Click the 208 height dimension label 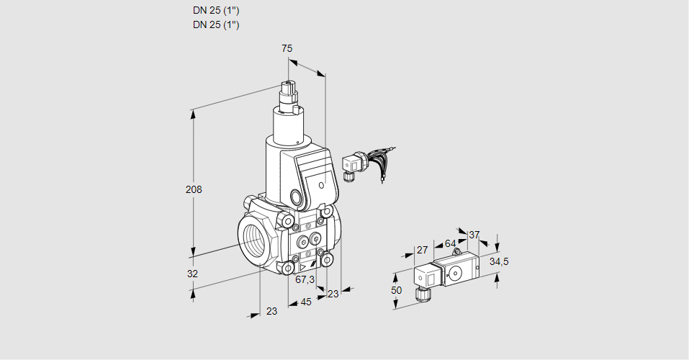coord(194,190)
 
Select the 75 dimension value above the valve coord(287,48)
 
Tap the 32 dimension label coord(192,274)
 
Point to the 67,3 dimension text coord(305,279)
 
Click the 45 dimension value coord(306,302)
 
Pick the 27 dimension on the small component coord(423,251)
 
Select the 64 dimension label coord(450,243)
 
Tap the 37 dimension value coord(474,235)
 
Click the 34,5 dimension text coord(499,261)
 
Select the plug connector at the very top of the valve coord(289,91)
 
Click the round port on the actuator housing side coord(297,196)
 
